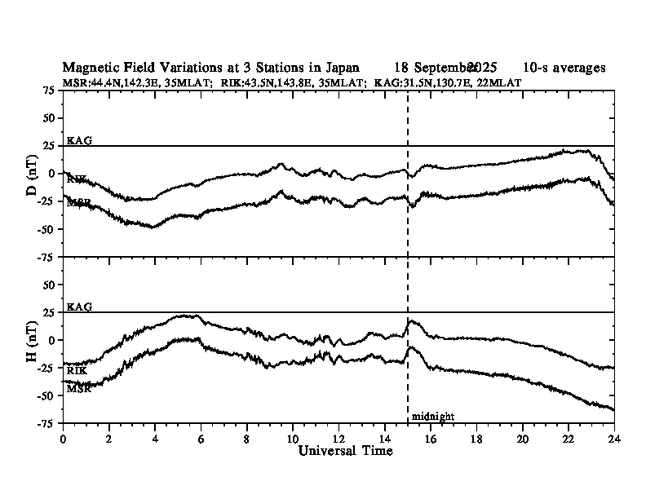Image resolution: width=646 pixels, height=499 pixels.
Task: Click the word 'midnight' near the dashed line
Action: [432, 416]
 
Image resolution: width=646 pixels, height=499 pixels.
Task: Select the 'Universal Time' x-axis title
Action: [338, 450]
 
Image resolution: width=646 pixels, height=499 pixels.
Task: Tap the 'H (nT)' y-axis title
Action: [32, 339]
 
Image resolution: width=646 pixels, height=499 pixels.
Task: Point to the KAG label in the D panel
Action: [79, 140]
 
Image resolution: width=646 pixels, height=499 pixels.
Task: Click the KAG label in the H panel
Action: [79, 307]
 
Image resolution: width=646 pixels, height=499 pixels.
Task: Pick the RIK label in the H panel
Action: [77, 371]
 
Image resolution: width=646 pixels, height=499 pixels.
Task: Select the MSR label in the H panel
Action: [78, 388]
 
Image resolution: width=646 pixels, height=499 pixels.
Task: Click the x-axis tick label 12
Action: [338, 438]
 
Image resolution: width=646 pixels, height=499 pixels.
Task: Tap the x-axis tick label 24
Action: [614, 438]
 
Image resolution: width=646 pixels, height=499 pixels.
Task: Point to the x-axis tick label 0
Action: [63, 438]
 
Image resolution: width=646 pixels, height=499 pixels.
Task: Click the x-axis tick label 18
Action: [476, 438]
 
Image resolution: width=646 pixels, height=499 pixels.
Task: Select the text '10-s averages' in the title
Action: [564, 68]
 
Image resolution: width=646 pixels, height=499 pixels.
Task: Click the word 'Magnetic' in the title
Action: [89, 68]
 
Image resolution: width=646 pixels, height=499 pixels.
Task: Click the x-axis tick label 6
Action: [201, 438]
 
